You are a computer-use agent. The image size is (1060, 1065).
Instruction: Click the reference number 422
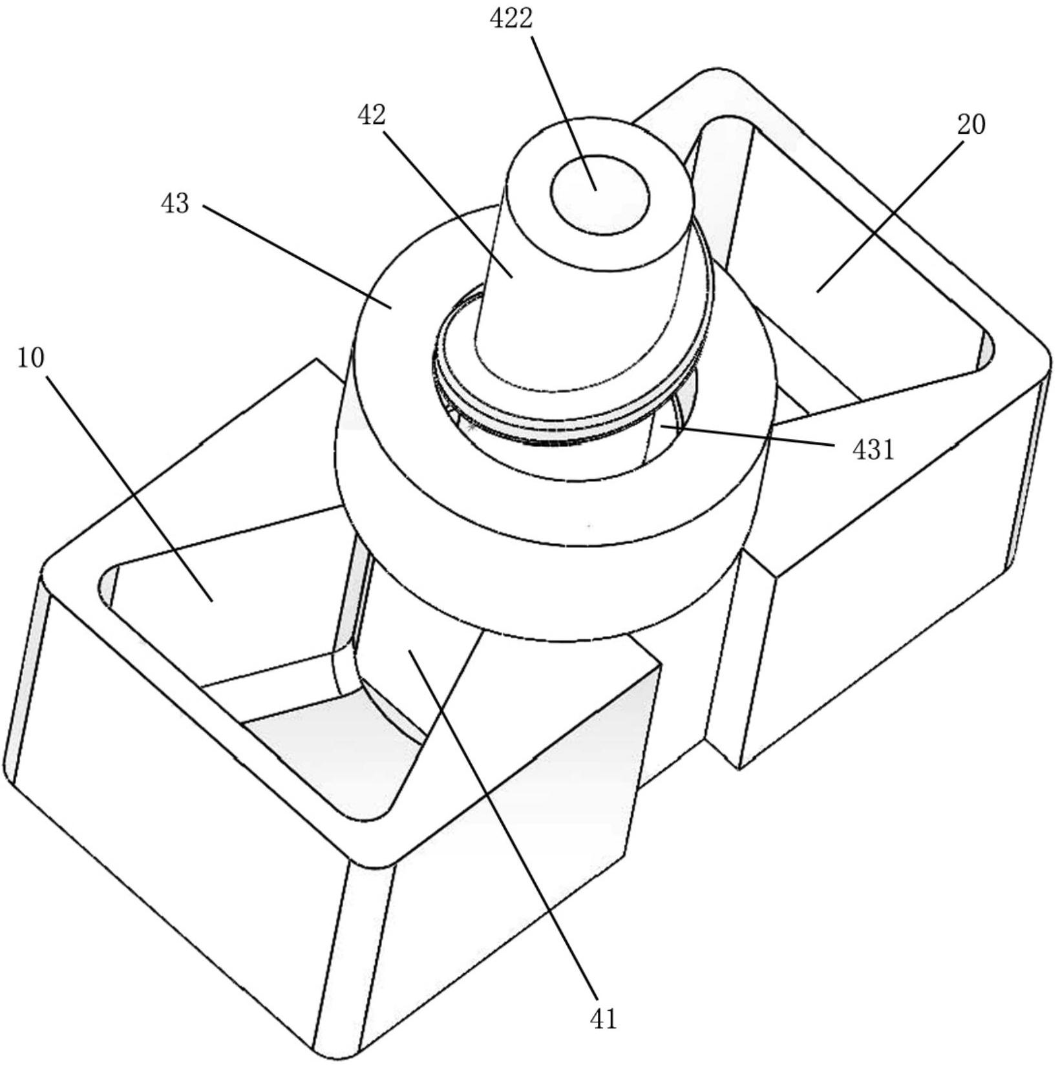511,19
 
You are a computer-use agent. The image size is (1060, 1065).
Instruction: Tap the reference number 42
371,116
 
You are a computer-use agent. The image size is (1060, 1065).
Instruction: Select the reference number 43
175,204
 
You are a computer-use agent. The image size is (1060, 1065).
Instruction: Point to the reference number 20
971,124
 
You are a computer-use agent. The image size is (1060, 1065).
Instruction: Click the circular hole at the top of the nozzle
599,194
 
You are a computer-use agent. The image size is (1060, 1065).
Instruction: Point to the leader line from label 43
297,257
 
